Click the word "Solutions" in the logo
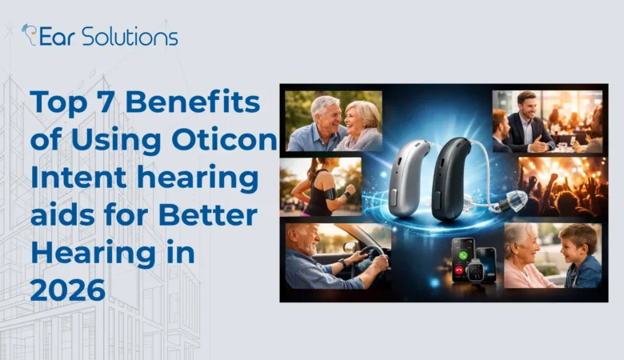coord(130,36)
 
